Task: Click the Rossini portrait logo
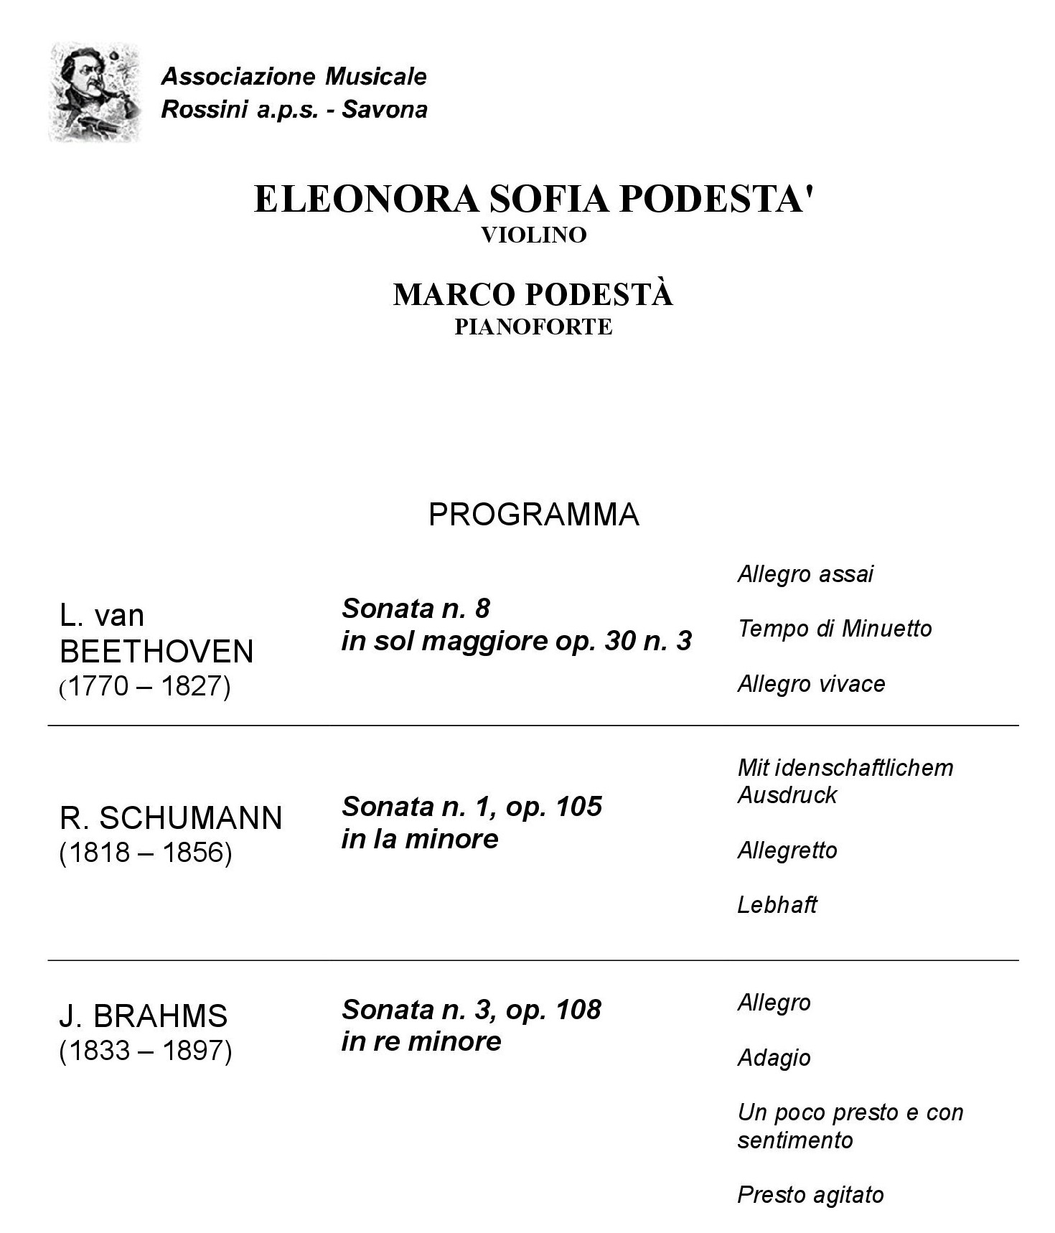(94, 92)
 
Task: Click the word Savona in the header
(384, 110)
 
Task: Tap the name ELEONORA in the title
(365, 199)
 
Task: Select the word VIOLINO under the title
(533, 235)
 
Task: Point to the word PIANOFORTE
(533, 327)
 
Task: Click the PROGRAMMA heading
(533, 515)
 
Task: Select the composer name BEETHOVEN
(156, 652)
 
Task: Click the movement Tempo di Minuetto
(834, 629)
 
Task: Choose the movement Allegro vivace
(811, 684)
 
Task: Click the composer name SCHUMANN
(190, 818)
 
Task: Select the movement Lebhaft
(777, 905)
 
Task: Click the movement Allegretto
(787, 850)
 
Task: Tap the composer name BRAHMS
(160, 1016)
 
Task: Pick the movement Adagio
(774, 1058)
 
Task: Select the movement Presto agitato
(810, 1195)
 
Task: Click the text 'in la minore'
(419, 839)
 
